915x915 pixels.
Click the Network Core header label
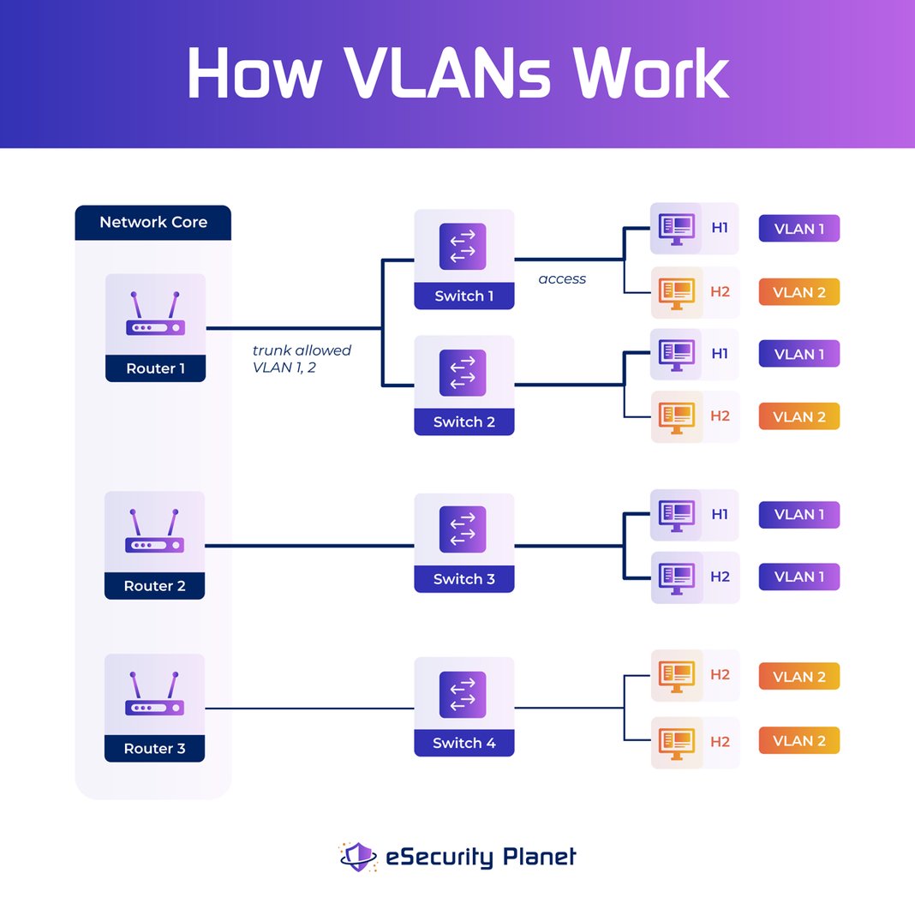[x=153, y=222]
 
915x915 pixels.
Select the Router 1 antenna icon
[x=155, y=314]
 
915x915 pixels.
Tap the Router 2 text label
[x=155, y=586]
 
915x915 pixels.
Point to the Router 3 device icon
[x=155, y=695]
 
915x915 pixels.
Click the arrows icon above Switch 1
[x=463, y=247]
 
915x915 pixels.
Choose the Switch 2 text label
[x=463, y=422]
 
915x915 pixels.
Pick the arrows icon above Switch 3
[x=463, y=529]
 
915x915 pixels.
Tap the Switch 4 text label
[x=463, y=743]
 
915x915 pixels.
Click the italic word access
[x=562, y=278]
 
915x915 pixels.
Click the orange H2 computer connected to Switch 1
[x=676, y=291]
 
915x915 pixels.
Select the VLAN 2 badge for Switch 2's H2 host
[x=798, y=416]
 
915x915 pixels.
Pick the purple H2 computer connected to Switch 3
[x=676, y=577]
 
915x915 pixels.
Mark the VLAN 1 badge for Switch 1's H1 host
[x=798, y=229]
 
